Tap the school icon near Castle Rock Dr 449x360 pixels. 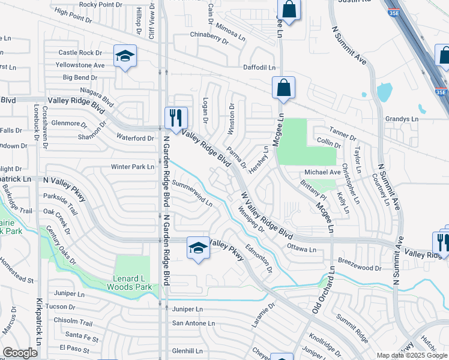coord(125,56)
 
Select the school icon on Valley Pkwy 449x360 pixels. coord(197,247)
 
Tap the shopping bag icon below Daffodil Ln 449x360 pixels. coord(283,88)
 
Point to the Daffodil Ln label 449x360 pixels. coord(259,67)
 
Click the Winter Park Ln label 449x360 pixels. coord(132,167)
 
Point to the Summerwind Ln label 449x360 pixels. coord(192,193)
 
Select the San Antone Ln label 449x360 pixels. coord(193,323)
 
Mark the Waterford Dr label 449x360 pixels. coord(135,138)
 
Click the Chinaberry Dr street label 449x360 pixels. coord(209,39)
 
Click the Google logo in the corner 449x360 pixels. coord(20,353)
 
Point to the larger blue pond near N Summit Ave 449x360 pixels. coord(384,92)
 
